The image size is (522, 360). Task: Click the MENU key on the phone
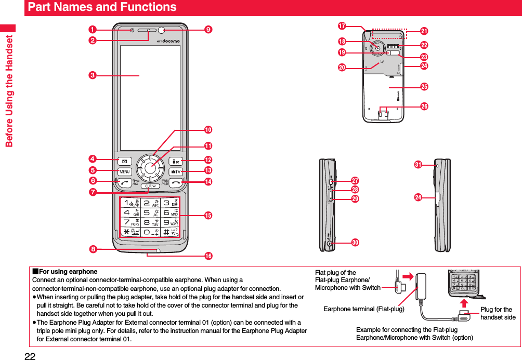click(x=125, y=171)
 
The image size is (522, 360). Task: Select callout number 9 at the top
click(x=208, y=30)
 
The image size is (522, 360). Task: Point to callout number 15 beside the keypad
click(x=208, y=215)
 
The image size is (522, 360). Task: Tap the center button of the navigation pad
click(x=150, y=167)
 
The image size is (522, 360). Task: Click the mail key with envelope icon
click(x=125, y=160)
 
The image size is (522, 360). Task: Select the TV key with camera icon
click(x=175, y=171)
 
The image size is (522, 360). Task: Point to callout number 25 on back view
click(x=424, y=86)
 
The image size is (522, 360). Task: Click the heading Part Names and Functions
click(x=102, y=7)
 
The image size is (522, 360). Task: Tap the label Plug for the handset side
click(x=498, y=313)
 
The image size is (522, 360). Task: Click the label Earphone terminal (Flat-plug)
click(x=363, y=309)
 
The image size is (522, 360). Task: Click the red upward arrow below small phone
click(x=464, y=301)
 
